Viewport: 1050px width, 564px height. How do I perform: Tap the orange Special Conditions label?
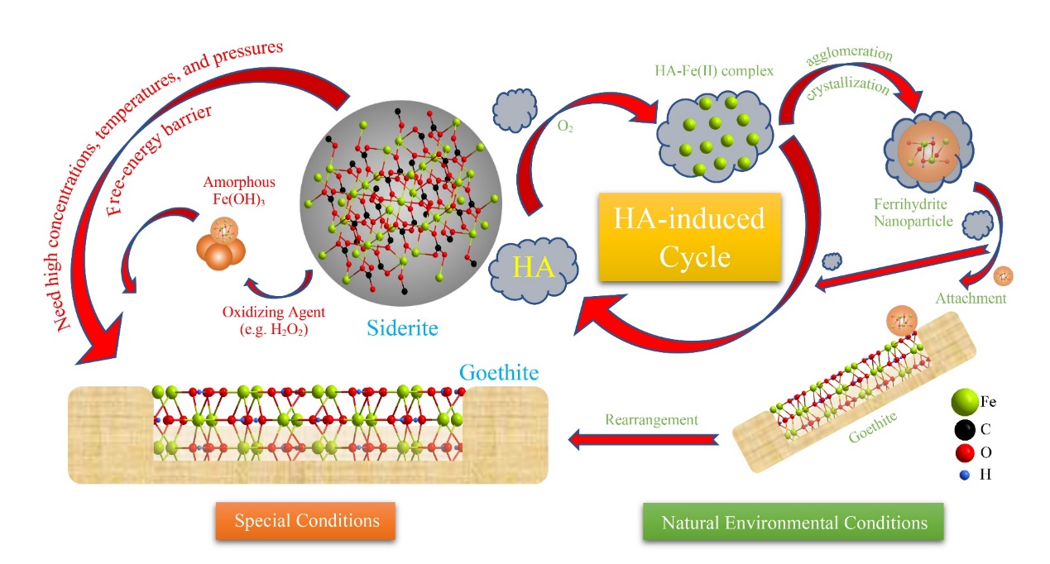pyautogui.click(x=307, y=521)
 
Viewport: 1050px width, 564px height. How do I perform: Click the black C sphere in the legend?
pyautogui.click(x=960, y=428)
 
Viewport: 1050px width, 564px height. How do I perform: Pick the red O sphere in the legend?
pyautogui.click(x=960, y=452)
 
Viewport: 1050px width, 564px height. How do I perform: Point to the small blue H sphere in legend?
pyautogui.click(x=960, y=476)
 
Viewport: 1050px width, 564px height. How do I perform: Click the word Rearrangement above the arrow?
pyautogui.click(x=650, y=419)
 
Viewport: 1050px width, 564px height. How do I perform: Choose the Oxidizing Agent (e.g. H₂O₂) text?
pyautogui.click(x=265, y=320)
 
